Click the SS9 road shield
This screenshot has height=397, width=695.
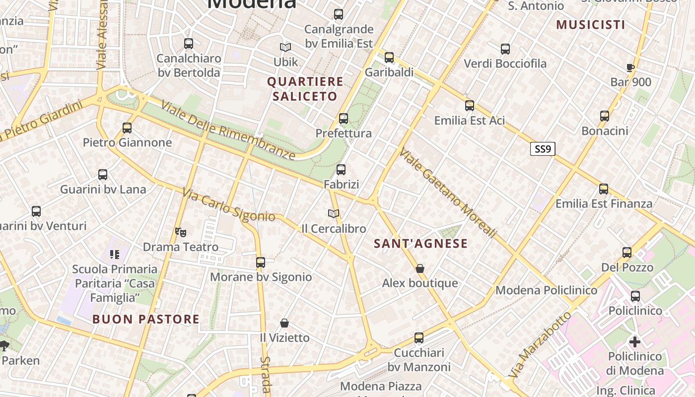pos(543,149)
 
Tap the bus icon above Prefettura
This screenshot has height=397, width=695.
pos(343,119)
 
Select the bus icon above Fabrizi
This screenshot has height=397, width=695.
pos(341,170)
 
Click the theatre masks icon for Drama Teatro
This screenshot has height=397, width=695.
pos(181,232)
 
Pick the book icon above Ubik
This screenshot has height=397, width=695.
pos(285,48)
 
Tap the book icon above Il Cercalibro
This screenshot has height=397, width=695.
pos(334,214)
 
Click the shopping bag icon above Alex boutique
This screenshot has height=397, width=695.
pos(420,268)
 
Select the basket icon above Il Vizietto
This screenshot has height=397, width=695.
pos(284,323)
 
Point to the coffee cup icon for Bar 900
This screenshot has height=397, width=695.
pos(630,67)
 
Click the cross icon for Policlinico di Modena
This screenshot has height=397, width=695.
pos(635,341)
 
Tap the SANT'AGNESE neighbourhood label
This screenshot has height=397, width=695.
pos(420,244)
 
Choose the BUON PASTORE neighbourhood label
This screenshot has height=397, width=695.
pos(146,319)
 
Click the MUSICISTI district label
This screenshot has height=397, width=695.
pos(590,25)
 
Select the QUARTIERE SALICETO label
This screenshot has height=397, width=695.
pos(305,89)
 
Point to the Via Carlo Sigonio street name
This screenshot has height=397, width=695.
pos(228,205)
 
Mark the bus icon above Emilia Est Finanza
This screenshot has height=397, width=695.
pos(604,189)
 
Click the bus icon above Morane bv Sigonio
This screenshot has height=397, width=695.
pos(261,263)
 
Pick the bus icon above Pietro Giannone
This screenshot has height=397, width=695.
pos(127,128)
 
